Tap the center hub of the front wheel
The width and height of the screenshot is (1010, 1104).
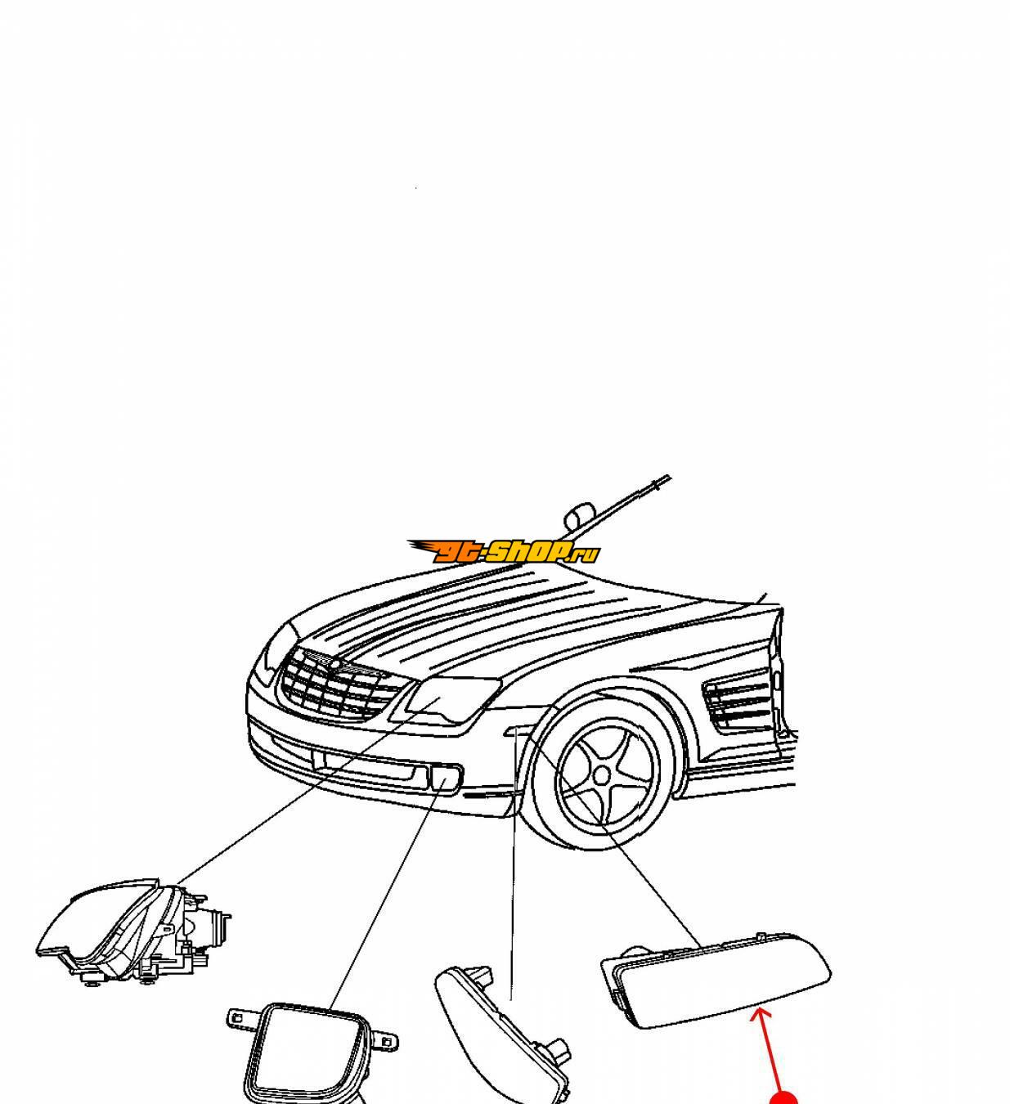(x=602, y=777)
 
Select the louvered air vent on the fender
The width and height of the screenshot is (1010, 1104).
(x=737, y=704)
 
